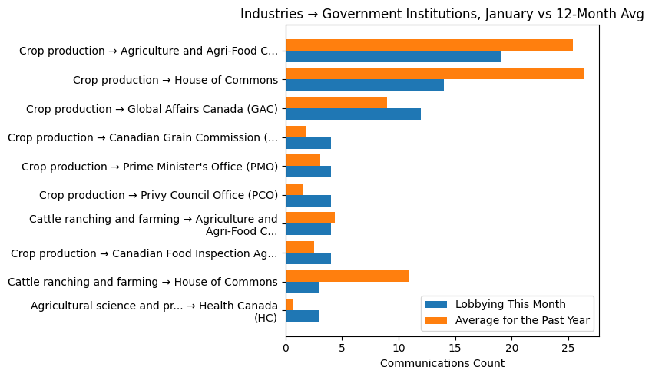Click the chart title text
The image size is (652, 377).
(x=442, y=15)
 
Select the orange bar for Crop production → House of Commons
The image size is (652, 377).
(x=435, y=74)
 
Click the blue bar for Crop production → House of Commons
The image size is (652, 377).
(x=365, y=85)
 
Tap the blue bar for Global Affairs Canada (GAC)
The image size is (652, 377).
(x=353, y=114)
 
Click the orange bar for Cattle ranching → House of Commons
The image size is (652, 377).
(x=347, y=276)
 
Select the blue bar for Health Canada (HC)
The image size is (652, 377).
(x=303, y=316)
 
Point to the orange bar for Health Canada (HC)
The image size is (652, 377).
(x=290, y=305)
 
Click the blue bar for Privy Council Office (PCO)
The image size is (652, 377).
(x=308, y=200)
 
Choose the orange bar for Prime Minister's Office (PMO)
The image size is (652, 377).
(x=303, y=160)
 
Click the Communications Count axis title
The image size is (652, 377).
(x=442, y=363)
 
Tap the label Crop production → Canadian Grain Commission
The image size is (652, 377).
(x=143, y=138)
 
